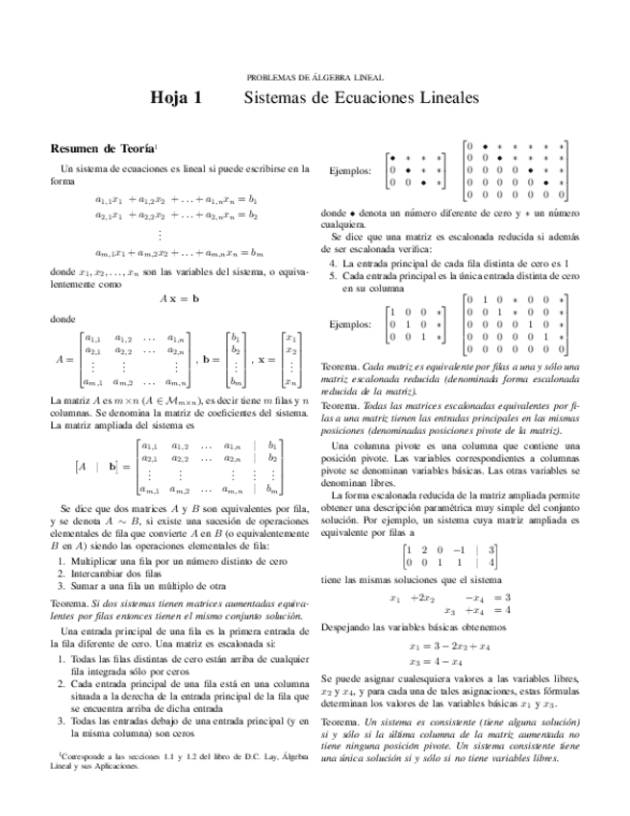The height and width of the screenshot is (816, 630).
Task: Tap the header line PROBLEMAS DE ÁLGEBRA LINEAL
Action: [315, 76]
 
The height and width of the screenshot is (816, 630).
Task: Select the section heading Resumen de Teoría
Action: [101, 150]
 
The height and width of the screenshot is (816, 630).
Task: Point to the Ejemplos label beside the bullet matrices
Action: [350, 170]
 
